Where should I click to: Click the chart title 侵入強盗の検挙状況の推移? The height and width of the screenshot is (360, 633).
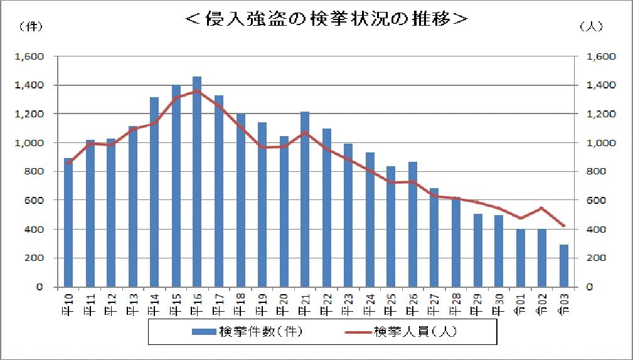327,19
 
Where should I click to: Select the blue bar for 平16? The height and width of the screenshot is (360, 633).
197,181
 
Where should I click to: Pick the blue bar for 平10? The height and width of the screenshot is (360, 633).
68,222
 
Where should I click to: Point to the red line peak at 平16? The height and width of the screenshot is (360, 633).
197,91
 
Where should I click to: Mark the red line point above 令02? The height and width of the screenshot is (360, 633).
542,208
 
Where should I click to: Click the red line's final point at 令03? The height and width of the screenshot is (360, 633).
563,226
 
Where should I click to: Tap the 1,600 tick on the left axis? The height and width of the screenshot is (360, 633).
29,56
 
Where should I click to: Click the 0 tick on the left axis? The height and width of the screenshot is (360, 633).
39,287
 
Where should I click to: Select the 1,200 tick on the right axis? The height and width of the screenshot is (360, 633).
597,114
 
